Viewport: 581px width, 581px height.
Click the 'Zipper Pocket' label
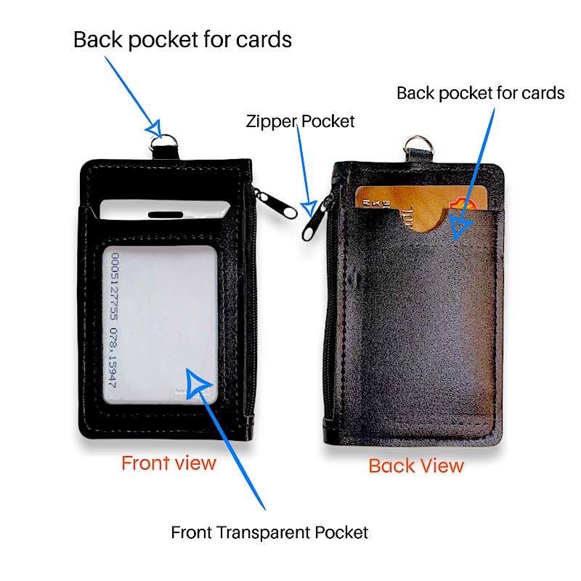[x=299, y=121]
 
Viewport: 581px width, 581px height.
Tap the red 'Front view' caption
[x=168, y=463]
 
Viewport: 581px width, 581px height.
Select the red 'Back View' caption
[x=416, y=466]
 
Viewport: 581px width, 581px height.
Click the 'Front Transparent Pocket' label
[x=269, y=532]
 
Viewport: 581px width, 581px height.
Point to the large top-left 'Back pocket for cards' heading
[x=182, y=39]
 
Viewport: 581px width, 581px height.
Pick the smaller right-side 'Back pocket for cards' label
[x=480, y=93]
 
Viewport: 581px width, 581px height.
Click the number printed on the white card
[x=117, y=319]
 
